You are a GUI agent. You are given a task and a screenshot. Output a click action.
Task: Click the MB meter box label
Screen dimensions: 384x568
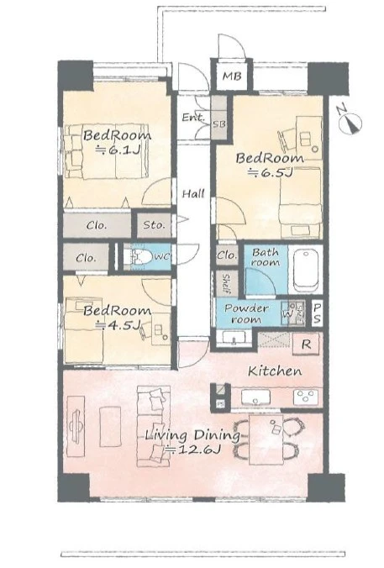(x=232, y=76)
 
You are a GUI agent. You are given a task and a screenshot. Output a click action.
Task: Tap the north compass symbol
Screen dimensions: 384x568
(x=350, y=121)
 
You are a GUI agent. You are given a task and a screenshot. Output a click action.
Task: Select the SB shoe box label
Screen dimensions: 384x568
(x=218, y=124)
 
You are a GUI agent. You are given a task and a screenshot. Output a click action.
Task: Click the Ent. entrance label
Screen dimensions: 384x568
(x=193, y=118)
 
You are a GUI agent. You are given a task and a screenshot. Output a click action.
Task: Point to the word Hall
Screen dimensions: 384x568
(x=193, y=194)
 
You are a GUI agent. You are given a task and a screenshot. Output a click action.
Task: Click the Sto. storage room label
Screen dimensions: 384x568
(x=154, y=224)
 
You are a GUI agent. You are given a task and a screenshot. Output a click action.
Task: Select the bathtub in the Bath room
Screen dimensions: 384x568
(x=306, y=270)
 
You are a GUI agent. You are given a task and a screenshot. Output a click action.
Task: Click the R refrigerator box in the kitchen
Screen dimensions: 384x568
(x=306, y=344)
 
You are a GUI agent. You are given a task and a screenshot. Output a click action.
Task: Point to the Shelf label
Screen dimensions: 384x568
(x=225, y=283)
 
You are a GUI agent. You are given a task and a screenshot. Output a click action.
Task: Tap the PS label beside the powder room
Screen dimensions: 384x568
(x=317, y=313)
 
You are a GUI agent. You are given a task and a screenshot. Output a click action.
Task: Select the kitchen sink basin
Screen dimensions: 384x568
(x=255, y=397)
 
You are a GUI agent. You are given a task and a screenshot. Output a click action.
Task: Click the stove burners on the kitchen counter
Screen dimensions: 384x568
(x=306, y=397)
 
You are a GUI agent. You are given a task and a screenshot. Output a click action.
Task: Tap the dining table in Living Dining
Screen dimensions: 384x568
(x=266, y=439)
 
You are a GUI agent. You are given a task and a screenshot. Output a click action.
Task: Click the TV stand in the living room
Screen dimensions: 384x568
(x=76, y=426)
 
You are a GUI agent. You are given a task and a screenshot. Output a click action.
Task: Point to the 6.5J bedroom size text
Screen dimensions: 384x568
(x=270, y=173)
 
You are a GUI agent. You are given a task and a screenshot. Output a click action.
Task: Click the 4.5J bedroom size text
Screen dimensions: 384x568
(x=118, y=325)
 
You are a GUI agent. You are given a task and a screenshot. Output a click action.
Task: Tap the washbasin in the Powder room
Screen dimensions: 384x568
(x=234, y=337)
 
